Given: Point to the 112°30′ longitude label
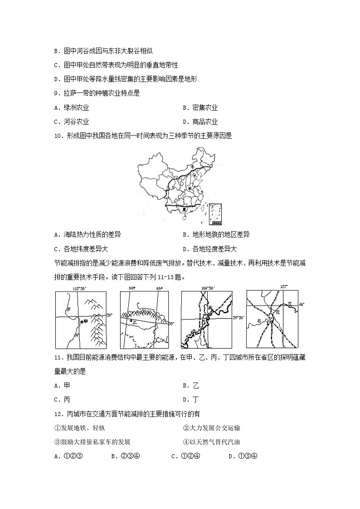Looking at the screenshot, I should click(80, 288).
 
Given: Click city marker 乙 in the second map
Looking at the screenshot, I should click(133, 320).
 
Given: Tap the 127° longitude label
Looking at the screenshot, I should click(284, 286).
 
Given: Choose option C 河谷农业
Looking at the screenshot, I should click(72, 121).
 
